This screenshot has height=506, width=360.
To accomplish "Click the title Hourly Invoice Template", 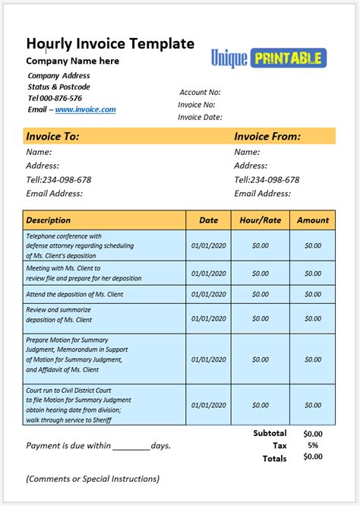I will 110,43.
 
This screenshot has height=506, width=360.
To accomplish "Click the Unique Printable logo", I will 269,59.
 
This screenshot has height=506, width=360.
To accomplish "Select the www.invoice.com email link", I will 85,109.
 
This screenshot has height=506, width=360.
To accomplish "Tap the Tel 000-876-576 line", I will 55,98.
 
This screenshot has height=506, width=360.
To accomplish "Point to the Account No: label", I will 200,92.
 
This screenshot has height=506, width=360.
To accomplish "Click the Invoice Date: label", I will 200,117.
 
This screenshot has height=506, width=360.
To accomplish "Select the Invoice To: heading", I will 53,137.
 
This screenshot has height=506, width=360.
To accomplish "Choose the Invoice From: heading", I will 267,137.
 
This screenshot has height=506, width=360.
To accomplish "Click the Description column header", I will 49,220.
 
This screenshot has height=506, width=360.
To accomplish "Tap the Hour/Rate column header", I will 260,220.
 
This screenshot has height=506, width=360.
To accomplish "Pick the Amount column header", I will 313,220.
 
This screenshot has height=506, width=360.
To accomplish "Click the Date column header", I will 209,220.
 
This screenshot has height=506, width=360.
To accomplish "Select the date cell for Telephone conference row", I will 209,245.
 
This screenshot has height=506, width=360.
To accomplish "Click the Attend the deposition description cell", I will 74,294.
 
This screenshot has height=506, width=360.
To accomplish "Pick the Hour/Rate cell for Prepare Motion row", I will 260,354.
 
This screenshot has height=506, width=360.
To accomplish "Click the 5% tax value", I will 313,446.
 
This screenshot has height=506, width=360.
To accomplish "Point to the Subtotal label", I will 270,433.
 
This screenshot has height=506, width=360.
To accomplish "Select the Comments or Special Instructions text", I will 93,479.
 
